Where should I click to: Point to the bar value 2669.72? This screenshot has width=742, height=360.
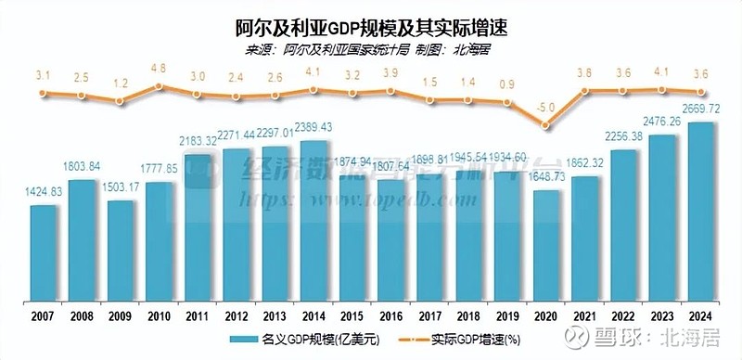click(x=701, y=109)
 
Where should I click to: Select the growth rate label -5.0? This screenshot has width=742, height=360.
click(x=546, y=109)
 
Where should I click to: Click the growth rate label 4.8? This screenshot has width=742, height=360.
click(x=159, y=68)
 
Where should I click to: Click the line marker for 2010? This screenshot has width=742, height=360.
click(x=159, y=86)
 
